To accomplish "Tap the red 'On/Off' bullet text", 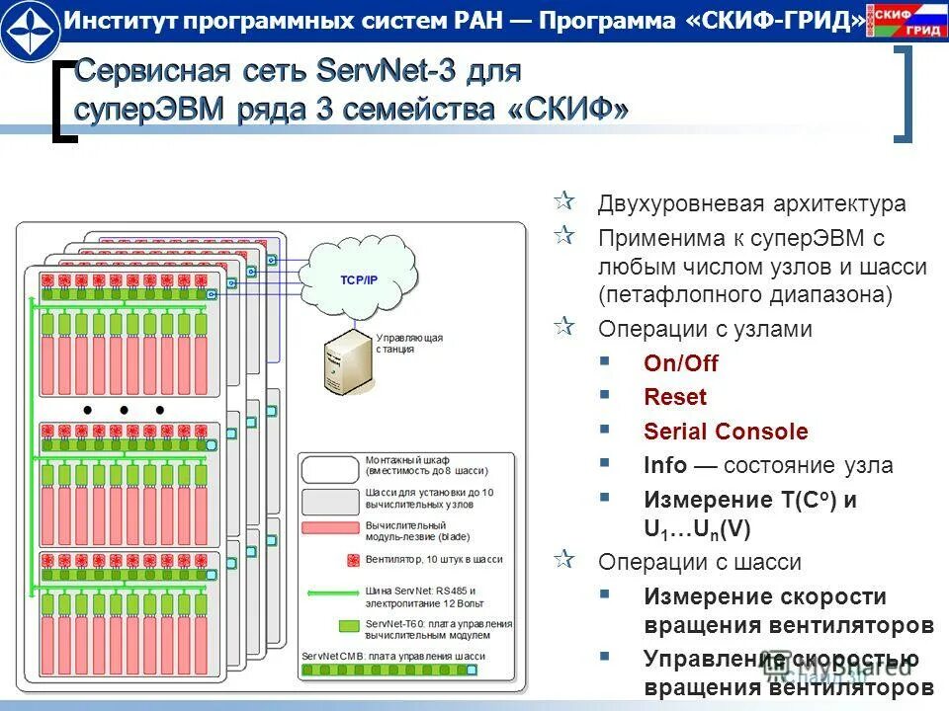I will point(680,363).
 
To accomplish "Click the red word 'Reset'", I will point(675,398).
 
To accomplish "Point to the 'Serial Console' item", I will point(726,432).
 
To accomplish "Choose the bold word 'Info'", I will point(665,465).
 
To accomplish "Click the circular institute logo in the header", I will point(30,31).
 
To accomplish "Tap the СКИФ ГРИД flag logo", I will point(906,20).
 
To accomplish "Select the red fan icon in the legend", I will point(350,560).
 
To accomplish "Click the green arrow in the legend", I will point(331,593).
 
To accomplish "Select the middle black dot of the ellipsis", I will point(125,410).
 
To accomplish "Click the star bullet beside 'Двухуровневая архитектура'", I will point(563,202).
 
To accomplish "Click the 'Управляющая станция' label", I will point(409,343).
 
